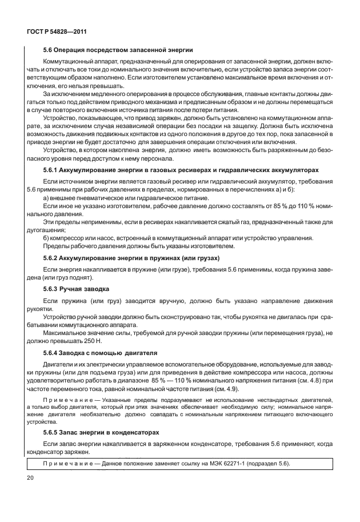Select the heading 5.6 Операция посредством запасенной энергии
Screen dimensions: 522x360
pyautogui.click(x=118, y=50)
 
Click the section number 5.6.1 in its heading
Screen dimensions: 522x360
pyautogui.click(x=52, y=170)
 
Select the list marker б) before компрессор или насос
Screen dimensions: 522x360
pyautogui.click(x=47, y=237)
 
